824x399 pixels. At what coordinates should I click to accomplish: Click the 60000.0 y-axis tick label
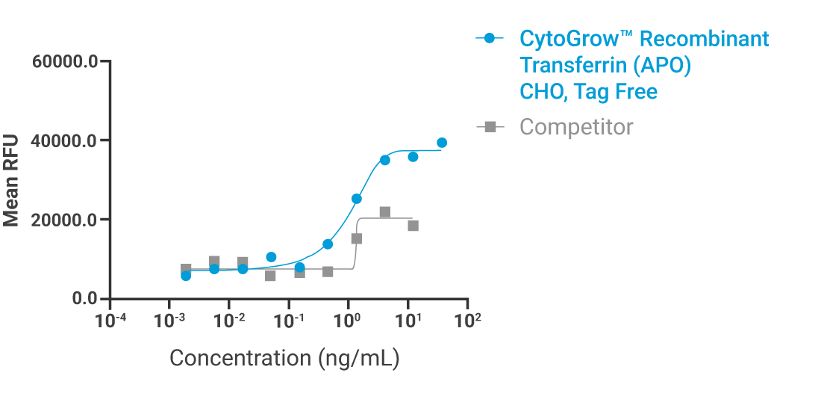click(x=66, y=61)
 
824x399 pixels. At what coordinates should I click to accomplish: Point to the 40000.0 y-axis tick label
click(x=66, y=140)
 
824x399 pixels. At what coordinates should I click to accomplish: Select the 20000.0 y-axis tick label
click(x=66, y=220)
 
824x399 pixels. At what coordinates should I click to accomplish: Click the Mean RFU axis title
click(x=11, y=179)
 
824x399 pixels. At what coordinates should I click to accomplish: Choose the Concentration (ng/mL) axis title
click(x=284, y=358)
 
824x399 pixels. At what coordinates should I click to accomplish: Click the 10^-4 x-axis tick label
click(x=110, y=321)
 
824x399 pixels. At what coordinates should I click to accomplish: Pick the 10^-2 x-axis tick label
click(x=229, y=321)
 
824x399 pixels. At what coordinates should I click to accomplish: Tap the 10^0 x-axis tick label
click(x=348, y=321)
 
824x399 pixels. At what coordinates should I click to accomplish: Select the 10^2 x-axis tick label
click(x=467, y=321)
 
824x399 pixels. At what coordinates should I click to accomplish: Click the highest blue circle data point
click(x=442, y=143)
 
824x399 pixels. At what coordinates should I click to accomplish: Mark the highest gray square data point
click(x=385, y=212)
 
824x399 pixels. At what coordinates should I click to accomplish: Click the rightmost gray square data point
click(x=413, y=226)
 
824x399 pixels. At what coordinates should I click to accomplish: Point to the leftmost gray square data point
click(x=186, y=269)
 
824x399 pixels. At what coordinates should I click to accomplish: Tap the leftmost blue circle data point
click(x=186, y=276)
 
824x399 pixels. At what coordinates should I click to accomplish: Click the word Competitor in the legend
click(x=576, y=127)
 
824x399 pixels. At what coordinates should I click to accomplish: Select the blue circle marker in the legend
click(x=490, y=39)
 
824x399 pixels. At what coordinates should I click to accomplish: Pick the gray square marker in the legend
click(x=490, y=127)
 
